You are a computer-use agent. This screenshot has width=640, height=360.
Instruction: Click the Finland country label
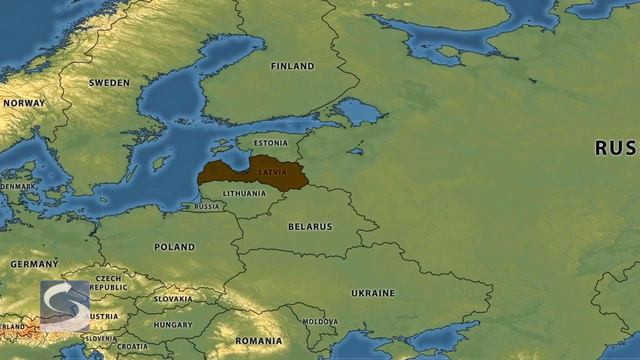tap(292, 66)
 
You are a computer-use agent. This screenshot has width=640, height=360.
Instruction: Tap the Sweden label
tap(109, 83)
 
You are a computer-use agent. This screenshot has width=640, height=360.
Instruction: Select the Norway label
tap(23, 103)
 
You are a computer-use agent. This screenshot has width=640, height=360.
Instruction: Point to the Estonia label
tap(270, 143)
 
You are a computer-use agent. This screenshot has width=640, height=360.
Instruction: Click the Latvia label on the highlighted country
tap(272, 172)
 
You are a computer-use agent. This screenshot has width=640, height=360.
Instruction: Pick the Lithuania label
tap(245, 193)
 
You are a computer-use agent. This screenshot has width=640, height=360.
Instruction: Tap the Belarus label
tap(309, 227)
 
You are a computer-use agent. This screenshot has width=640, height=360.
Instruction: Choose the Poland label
tap(175, 246)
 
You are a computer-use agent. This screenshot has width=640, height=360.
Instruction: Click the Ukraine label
tap(372, 293)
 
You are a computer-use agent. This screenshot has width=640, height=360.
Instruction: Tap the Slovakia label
tap(173, 298)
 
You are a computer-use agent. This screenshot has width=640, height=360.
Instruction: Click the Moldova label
tap(320, 322)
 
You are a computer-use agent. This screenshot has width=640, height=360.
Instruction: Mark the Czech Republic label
tap(109, 282)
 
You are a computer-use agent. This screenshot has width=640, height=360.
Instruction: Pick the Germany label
tap(34, 263)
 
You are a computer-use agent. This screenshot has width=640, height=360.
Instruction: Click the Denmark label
tap(17, 186)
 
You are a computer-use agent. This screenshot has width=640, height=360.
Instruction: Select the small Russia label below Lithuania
tap(207, 207)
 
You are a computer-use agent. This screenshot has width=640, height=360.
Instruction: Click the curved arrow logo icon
tap(65, 305)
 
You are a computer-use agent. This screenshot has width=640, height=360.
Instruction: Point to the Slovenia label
tap(100, 338)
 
